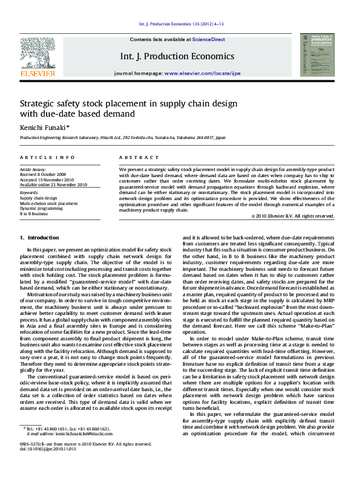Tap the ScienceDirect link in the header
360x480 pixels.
pyautogui.click(x=209, y=39)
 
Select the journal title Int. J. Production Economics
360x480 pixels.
pyautogui.click(x=177, y=56)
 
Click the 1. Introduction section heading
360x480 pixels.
pyautogui.click(x=39, y=238)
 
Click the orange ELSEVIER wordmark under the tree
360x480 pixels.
pyautogui.click(x=38, y=73)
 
